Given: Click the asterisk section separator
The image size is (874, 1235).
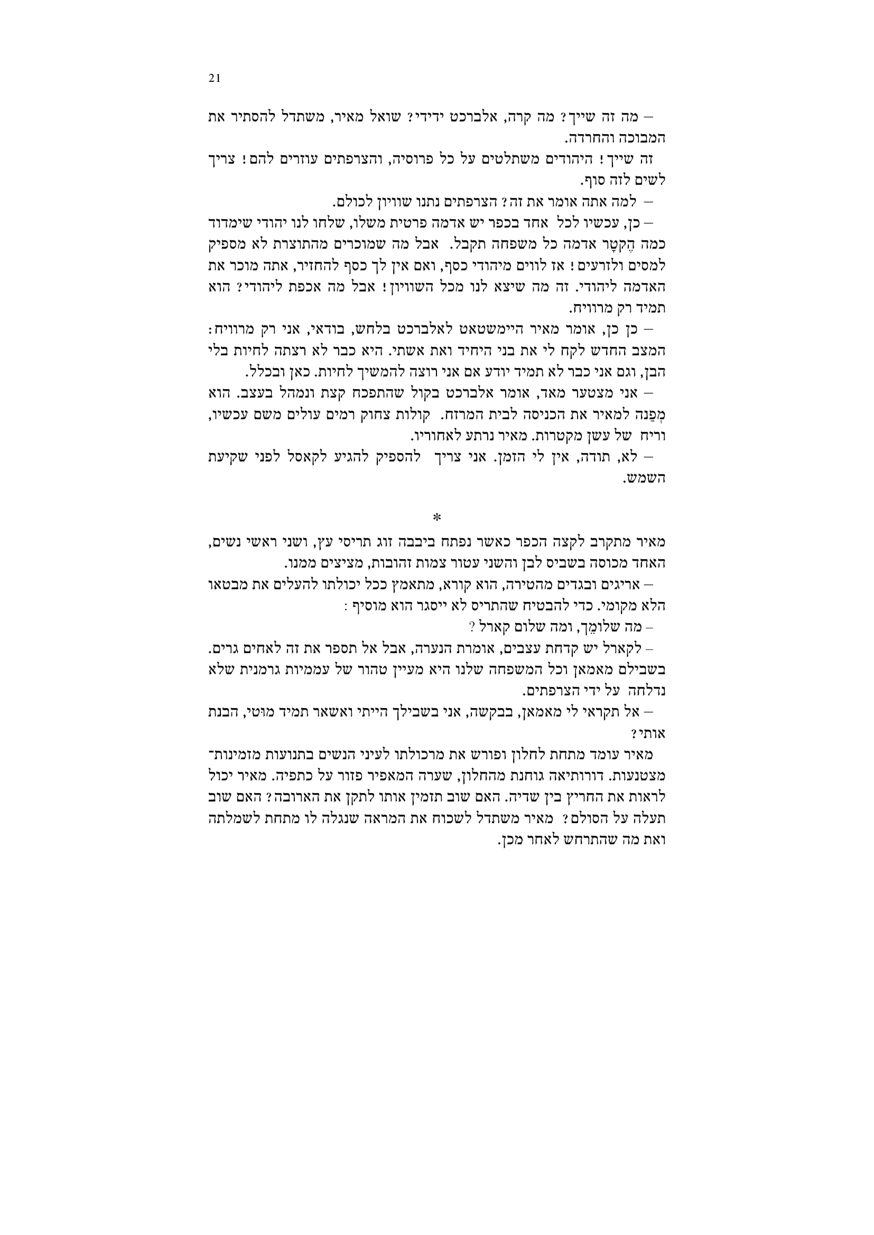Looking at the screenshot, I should [x=437, y=517].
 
